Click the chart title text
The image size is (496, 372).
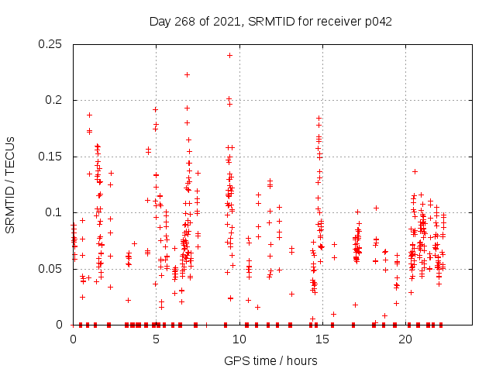click(270, 21)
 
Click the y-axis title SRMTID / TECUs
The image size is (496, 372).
click(11, 184)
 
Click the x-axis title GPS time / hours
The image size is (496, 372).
click(270, 360)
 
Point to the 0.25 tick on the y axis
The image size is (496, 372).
click(52, 44)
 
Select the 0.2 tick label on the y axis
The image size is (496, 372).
click(56, 100)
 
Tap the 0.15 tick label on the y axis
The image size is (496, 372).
click(52, 157)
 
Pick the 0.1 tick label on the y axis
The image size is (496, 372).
click(56, 212)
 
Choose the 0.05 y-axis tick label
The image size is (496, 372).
click(52, 269)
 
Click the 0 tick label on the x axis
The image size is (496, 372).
click(73, 339)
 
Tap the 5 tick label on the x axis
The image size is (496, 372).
click(156, 339)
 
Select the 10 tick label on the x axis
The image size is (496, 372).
click(239, 339)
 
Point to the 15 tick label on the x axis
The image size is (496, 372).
click(322, 339)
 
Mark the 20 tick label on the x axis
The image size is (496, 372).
click(405, 339)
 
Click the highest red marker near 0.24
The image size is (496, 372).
click(229, 55)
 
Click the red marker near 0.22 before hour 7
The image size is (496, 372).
click(187, 74)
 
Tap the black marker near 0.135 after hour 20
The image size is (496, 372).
click(415, 171)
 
